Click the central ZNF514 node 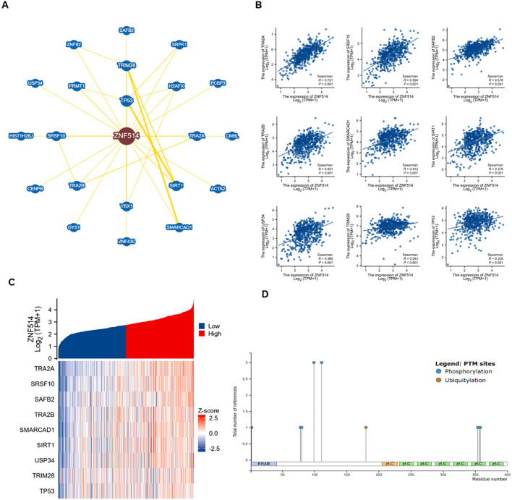tap(122, 135)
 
